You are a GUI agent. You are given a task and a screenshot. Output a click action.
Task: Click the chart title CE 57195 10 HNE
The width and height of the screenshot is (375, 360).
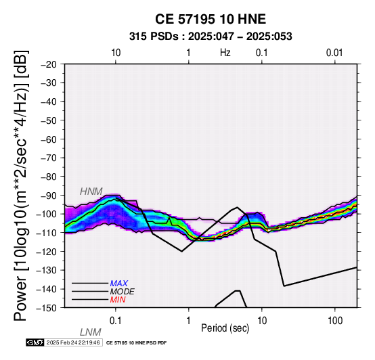pos(211,19)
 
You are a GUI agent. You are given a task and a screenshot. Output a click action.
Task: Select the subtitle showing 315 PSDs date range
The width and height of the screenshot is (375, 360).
pos(211,37)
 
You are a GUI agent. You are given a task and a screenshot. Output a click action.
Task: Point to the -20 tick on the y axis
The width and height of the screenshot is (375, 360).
pos(49,64)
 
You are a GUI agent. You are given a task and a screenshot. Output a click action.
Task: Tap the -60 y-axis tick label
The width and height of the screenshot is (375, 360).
pos(49,139)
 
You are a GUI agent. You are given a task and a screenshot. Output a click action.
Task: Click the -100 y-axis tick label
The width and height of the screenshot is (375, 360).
pos(47,214)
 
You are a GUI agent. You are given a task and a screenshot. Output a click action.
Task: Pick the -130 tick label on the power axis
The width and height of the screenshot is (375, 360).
pos(47,270)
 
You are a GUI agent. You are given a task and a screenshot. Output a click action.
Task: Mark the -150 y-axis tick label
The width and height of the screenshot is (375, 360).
pos(47,308)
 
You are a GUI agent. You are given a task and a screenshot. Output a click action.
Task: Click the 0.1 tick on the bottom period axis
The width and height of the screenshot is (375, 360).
pos(116,321)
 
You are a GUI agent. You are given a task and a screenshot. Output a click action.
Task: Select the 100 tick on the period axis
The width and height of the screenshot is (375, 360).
pos(335,321)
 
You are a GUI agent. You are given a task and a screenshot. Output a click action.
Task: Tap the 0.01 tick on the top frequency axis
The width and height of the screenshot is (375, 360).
pos(334,53)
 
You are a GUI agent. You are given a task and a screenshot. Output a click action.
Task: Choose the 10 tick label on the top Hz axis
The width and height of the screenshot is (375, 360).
pos(116,53)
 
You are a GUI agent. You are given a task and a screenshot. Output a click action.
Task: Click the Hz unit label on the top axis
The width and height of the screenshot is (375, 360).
pos(225,53)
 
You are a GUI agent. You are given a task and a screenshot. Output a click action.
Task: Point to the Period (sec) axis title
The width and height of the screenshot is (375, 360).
pos(225,328)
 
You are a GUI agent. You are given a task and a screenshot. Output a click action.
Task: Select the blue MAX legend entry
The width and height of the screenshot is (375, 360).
pos(119,284)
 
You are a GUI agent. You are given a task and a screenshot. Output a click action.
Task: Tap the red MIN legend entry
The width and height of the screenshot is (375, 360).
pos(118,300)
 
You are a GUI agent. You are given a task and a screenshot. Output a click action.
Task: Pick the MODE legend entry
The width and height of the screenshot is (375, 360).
pos(123,292)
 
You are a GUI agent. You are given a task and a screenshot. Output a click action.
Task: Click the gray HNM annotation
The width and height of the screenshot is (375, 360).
pos(91,192)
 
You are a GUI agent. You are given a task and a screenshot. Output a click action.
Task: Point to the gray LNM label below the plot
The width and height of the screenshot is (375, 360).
pos(91,332)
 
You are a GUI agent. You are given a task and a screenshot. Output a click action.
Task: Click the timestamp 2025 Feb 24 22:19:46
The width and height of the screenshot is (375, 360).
pos(73,342)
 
